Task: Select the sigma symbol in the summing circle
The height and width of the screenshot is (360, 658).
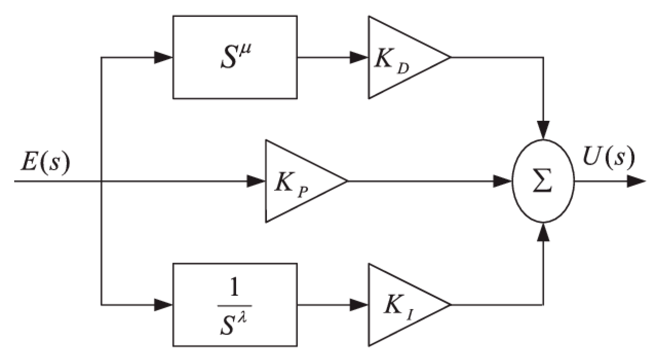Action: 543,181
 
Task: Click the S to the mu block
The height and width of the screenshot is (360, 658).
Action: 235,57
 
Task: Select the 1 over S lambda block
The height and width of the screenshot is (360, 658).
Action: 235,305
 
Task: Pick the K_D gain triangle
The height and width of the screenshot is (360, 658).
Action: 399,58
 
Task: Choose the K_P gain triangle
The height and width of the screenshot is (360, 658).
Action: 296,181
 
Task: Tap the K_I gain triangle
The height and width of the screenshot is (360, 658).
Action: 399,305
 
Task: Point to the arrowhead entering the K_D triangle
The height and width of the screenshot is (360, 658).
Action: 359,58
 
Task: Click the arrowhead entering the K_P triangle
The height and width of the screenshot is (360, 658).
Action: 256,181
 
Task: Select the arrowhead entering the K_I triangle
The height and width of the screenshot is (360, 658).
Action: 359,305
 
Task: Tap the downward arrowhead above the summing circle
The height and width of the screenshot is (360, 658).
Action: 543,130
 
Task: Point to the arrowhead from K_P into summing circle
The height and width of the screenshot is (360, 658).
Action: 502,181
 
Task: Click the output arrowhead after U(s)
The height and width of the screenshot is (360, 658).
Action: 636,181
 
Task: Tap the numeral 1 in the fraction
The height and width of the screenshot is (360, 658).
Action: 234,289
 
